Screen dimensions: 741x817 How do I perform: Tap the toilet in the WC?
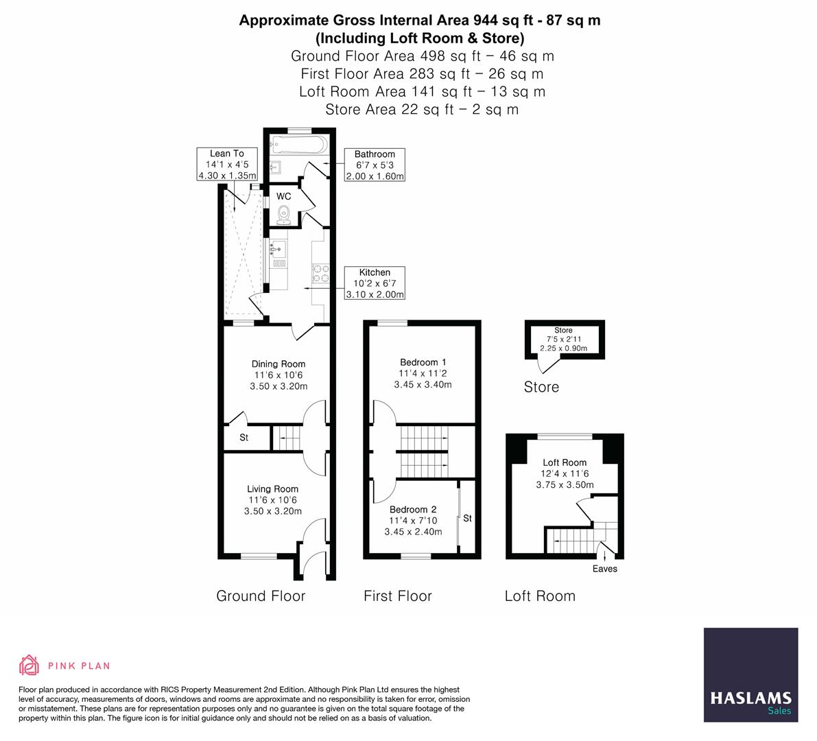[284, 215]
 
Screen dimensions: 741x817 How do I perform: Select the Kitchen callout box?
[375, 283]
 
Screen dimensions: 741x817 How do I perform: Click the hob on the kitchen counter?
[320, 273]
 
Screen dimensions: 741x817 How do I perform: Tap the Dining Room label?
[278, 364]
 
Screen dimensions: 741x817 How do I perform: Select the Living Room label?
[272, 489]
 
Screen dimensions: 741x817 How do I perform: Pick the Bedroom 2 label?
[412, 510]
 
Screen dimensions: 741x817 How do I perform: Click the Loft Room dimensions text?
[565, 479]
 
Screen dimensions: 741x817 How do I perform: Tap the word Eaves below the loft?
[604, 569]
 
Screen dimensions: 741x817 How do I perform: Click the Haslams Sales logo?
[750, 675]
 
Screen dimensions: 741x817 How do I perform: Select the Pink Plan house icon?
[29, 665]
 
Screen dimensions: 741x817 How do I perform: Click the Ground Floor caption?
[261, 596]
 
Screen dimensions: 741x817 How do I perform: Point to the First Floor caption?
[398, 596]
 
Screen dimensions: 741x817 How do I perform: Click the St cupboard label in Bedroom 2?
[467, 518]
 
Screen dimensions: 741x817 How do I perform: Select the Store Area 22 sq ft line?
[422, 109]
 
